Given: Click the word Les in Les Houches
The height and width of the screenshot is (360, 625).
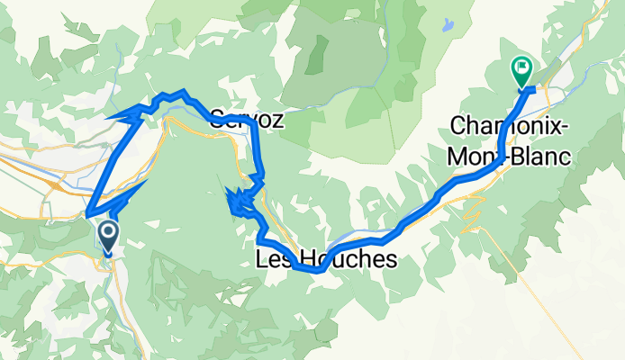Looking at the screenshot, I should click(x=273, y=261).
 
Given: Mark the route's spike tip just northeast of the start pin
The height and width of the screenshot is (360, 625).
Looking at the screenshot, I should click(x=147, y=182).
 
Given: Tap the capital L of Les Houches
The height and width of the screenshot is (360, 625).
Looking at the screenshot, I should click(x=262, y=261).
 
